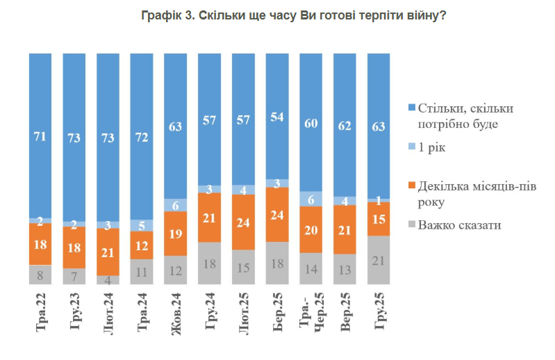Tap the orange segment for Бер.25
click(x=278, y=215)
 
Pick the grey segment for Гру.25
click(x=379, y=259)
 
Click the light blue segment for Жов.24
click(x=176, y=205)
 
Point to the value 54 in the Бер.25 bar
click(x=278, y=116)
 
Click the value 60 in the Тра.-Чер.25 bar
click(x=311, y=124)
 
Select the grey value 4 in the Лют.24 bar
click(x=108, y=279)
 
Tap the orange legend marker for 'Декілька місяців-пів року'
click(x=411, y=186)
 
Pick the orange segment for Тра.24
click(x=142, y=245)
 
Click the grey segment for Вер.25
click(x=345, y=269)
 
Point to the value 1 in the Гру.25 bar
click(x=379, y=201)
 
